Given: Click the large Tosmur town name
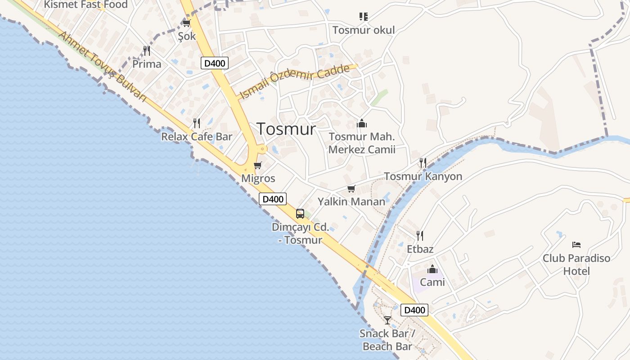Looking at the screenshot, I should pyautogui.click(x=286, y=129).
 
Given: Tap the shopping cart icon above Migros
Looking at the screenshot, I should pyautogui.click(x=258, y=166).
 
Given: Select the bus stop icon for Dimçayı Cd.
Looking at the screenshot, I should pyautogui.click(x=300, y=214).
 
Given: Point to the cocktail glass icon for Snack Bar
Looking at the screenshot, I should pyautogui.click(x=387, y=320).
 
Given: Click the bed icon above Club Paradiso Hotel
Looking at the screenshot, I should pyautogui.click(x=576, y=245).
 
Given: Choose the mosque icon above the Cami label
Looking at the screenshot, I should pyautogui.click(x=432, y=269).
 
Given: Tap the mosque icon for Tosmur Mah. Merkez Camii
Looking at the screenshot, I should pyautogui.click(x=362, y=123).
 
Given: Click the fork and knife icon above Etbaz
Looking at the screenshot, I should pyautogui.click(x=420, y=236).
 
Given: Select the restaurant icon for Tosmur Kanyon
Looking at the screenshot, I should pyautogui.click(x=423, y=163).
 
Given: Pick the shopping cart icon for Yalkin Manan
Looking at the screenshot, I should pyautogui.click(x=351, y=189).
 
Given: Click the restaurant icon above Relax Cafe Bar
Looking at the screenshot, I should pyautogui.click(x=197, y=123).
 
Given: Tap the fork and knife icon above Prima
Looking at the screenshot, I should pyautogui.click(x=147, y=50).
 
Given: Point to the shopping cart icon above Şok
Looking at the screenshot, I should pyautogui.click(x=187, y=23).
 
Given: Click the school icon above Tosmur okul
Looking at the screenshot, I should pyautogui.click(x=364, y=17).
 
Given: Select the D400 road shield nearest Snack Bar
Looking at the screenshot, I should pyautogui.click(x=414, y=310).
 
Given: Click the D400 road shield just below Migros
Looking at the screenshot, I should pyautogui.click(x=273, y=198).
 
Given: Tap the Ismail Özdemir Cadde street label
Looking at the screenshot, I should pyautogui.click(x=295, y=81).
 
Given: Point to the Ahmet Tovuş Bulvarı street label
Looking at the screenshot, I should pyautogui.click(x=103, y=67).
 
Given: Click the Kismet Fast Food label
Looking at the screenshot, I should pyautogui.click(x=85, y=5).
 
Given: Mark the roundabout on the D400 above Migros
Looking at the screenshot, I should pyautogui.click(x=261, y=148).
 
